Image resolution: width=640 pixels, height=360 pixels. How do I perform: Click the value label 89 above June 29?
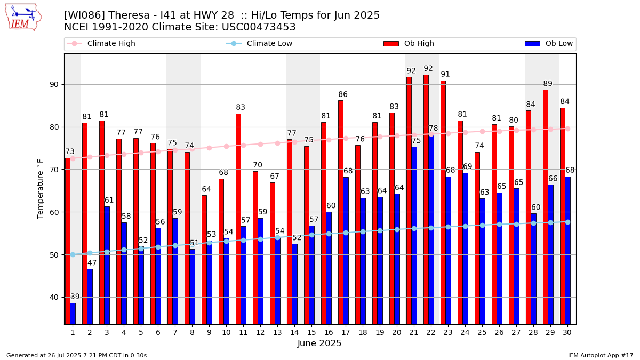548,84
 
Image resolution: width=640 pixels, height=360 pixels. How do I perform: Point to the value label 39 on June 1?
75,297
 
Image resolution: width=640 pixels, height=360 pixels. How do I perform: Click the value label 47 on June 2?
92,263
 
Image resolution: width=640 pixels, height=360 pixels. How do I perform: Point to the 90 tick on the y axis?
54,85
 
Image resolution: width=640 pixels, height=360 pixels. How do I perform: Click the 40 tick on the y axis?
54,297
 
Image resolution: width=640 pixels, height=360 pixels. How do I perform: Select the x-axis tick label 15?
311,332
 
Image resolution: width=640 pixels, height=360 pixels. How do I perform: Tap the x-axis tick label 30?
567,332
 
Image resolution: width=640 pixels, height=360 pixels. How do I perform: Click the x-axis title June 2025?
319,343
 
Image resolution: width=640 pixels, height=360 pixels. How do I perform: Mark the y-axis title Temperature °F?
41,189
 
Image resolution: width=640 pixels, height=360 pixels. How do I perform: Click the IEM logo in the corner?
23,17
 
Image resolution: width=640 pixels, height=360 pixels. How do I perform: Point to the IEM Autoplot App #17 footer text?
600,355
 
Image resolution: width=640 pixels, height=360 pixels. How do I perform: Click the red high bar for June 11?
238,219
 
